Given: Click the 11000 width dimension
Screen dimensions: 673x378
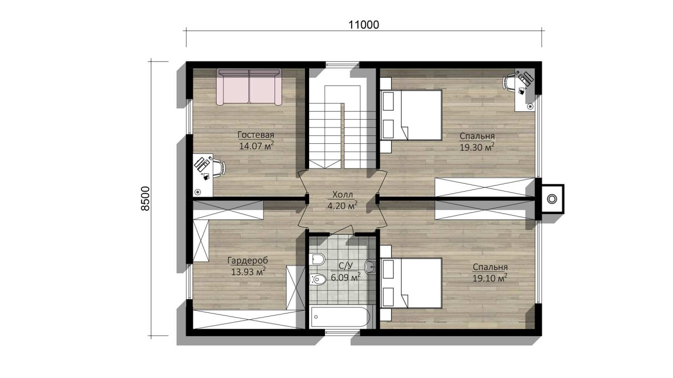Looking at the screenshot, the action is (x=363, y=25).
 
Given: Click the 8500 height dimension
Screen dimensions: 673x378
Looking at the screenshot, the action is (x=145, y=198).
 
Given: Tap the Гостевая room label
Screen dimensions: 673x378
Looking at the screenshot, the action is (x=256, y=135).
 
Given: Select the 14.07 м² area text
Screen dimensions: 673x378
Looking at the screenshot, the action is (x=256, y=146).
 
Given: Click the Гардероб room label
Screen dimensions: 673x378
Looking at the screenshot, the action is (x=248, y=261).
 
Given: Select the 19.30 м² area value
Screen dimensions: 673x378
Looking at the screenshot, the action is (x=477, y=147).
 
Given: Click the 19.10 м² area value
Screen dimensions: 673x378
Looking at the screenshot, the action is (x=490, y=278).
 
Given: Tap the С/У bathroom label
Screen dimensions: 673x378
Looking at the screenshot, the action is (x=345, y=266).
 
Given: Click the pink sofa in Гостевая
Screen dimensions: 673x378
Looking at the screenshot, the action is (x=249, y=87).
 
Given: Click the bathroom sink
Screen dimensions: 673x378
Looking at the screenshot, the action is (x=370, y=266).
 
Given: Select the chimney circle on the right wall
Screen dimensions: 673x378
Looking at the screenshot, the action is (x=552, y=199).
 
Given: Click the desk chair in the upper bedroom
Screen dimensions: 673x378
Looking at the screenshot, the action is (x=509, y=81).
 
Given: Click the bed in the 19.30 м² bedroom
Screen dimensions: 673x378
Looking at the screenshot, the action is (x=411, y=115).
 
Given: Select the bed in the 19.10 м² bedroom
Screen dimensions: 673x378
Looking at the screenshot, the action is (x=411, y=283).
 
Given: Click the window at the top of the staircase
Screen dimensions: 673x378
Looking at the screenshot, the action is (x=342, y=65).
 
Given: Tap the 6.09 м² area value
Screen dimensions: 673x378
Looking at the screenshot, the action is (x=346, y=277).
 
